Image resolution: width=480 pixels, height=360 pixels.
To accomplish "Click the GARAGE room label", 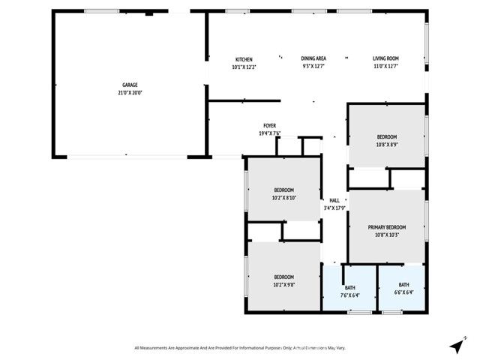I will tap(130, 85).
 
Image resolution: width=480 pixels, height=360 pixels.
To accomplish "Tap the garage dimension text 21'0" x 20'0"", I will tap(130, 93).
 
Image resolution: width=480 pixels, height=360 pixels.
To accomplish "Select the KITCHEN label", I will tap(244, 59).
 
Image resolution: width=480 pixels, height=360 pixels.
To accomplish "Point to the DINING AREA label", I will tap(313, 59).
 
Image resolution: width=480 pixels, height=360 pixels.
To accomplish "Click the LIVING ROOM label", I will tap(386, 59).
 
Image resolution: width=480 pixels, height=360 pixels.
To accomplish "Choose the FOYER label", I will tap(269, 125).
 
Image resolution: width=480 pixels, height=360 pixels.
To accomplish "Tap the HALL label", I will tap(334, 200).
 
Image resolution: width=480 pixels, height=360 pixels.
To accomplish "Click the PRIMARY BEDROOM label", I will tap(386, 227).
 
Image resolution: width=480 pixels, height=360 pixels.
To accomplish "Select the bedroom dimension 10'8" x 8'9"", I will tap(386, 144).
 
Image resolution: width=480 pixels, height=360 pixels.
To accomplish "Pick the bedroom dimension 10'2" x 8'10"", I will tap(283, 197).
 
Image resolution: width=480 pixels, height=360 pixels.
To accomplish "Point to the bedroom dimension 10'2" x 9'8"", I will tap(283, 284).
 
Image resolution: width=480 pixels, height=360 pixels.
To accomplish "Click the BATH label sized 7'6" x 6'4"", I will tap(350, 287).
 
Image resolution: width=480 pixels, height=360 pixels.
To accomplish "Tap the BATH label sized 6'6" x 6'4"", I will tap(404, 284).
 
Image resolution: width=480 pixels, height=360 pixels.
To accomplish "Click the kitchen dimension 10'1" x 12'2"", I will tap(244, 67).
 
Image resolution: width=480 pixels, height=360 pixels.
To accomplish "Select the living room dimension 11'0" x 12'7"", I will tap(386, 67).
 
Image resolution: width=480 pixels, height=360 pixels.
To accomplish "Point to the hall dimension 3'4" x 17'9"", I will tap(334, 208).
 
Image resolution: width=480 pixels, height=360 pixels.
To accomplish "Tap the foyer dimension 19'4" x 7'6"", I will tap(269, 133).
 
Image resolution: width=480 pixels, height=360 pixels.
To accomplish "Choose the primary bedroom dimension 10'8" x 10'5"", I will tap(386, 235).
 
